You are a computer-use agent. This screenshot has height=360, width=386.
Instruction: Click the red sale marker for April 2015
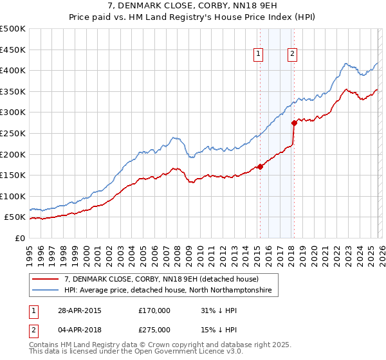pos(260,166)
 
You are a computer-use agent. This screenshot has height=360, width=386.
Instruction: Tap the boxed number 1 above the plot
pos(258,55)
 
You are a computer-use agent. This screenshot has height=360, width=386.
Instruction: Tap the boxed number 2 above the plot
pos(292,55)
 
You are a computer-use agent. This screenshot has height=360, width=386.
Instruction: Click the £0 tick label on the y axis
pos(20,238)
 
